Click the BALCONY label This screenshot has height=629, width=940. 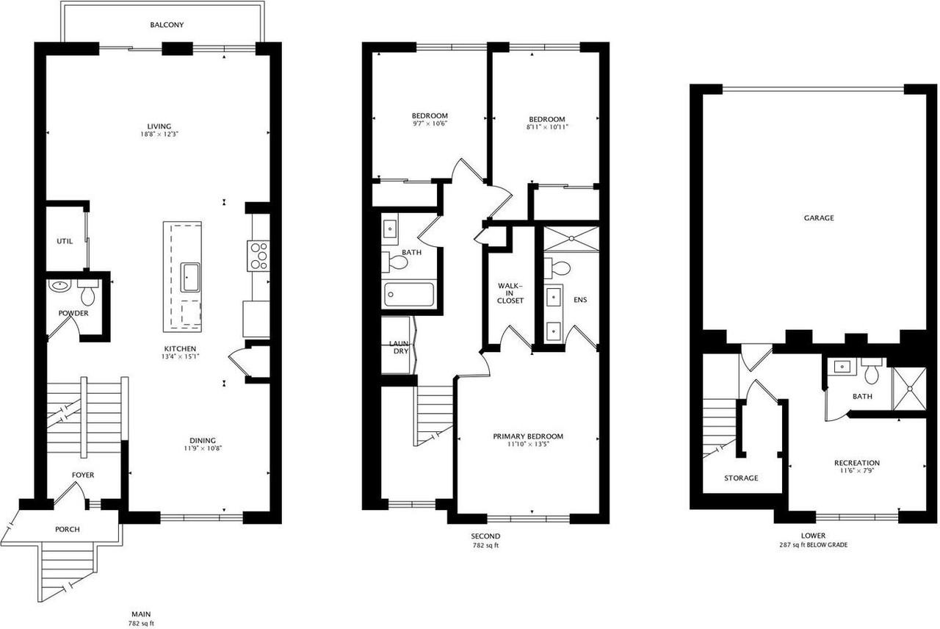tap(167, 25)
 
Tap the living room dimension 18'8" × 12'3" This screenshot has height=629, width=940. tap(159, 134)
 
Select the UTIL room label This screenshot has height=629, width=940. tap(65, 241)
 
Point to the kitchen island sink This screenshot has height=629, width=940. tap(190, 277)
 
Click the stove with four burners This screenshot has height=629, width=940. tap(258, 256)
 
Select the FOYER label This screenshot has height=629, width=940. tap(83, 475)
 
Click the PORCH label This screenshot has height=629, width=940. tap(68, 529)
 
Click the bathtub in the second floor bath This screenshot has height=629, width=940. tap(409, 295)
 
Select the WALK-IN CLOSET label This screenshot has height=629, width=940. tap(510, 292)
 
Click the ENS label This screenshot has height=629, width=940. tap(580, 300)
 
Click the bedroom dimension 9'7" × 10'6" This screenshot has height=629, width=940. tap(430, 123)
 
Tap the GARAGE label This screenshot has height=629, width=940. tap(818, 218)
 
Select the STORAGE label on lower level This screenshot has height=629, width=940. tap(740, 478)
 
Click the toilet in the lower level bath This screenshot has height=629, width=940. tap(872, 373)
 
